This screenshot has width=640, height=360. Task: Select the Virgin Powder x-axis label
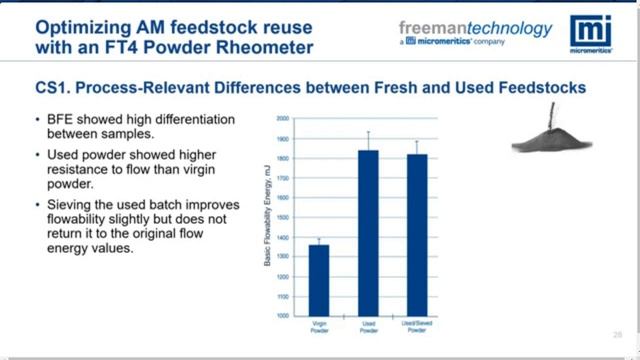318,326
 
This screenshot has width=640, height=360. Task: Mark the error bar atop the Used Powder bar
369,140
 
